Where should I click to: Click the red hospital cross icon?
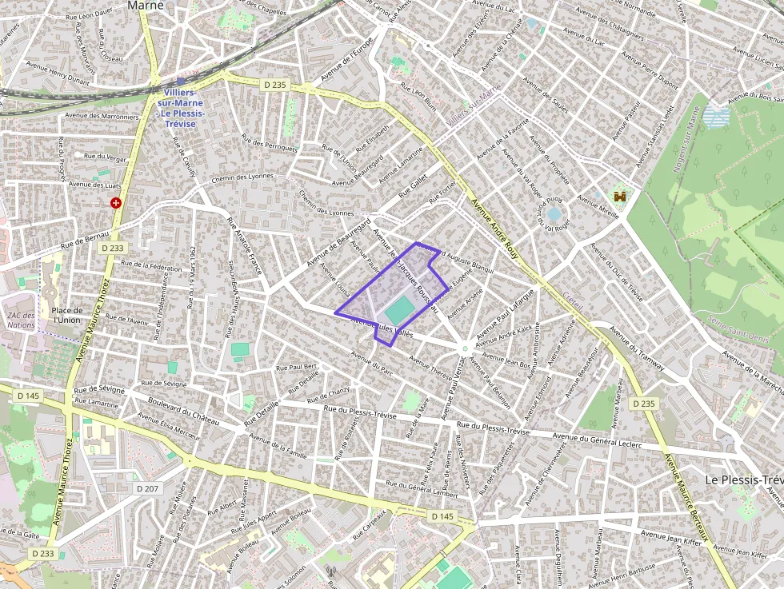tap(117, 203)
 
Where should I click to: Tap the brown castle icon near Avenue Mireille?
tap(618, 196)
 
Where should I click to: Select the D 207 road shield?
tap(148, 488)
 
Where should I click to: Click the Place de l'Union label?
tap(66, 315)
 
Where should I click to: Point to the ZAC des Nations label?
tap(21, 320)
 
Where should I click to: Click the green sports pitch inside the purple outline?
tap(400, 309)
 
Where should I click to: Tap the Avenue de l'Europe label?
tap(346, 61)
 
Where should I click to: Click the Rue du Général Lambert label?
tap(422, 490)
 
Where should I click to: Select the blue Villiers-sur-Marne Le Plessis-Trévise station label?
tap(182, 108)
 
